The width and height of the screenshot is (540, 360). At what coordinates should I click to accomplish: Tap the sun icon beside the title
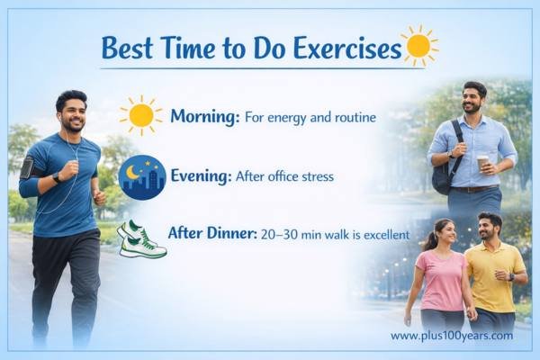click(418, 44)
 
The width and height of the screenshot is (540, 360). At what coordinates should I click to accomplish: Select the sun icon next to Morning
click(141, 115)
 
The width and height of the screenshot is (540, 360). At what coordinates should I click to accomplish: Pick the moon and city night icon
click(142, 176)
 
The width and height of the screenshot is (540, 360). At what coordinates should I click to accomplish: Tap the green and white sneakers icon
click(142, 238)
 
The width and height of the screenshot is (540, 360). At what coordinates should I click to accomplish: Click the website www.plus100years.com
click(451, 336)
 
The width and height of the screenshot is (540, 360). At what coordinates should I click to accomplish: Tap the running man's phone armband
click(27, 167)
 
